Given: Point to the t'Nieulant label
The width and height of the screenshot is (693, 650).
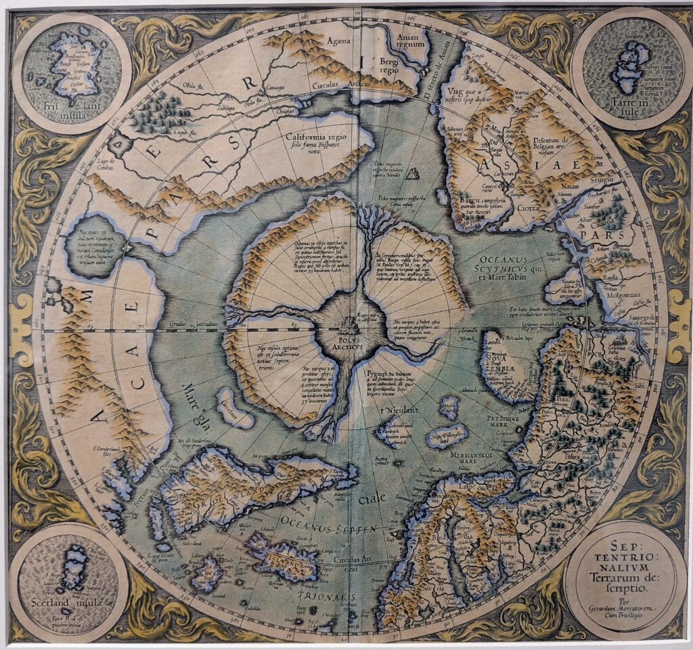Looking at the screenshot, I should click(395, 410).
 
